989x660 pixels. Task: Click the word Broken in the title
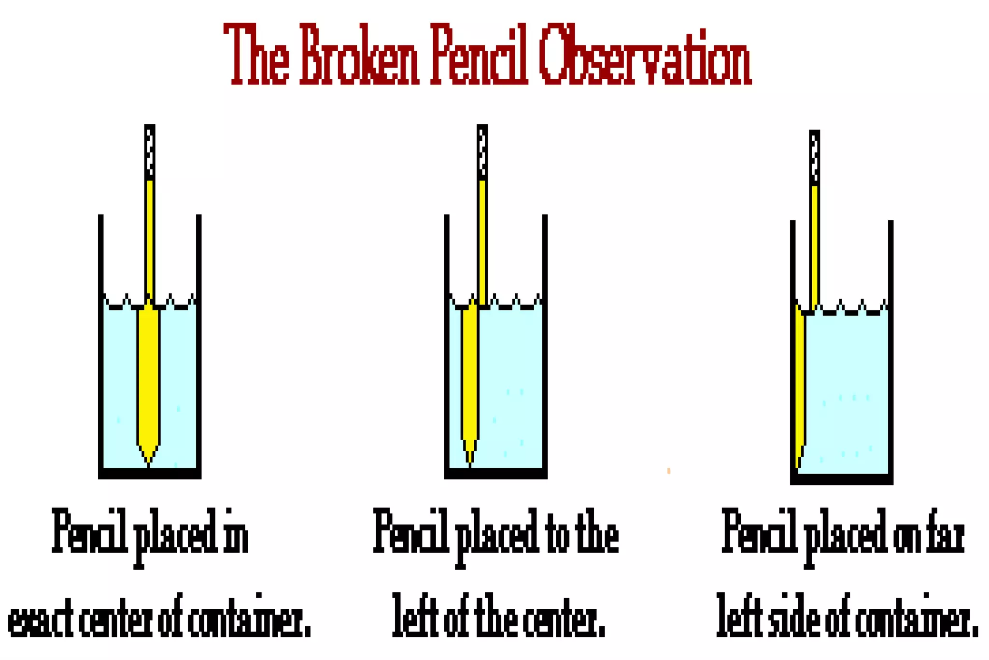click(x=359, y=56)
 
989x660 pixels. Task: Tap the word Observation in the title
click(x=644, y=56)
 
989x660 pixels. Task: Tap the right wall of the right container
click(x=890, y=348)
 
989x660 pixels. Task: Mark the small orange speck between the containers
click(x=669, y=471)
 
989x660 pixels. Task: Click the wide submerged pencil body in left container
click(x=148, y=377)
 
